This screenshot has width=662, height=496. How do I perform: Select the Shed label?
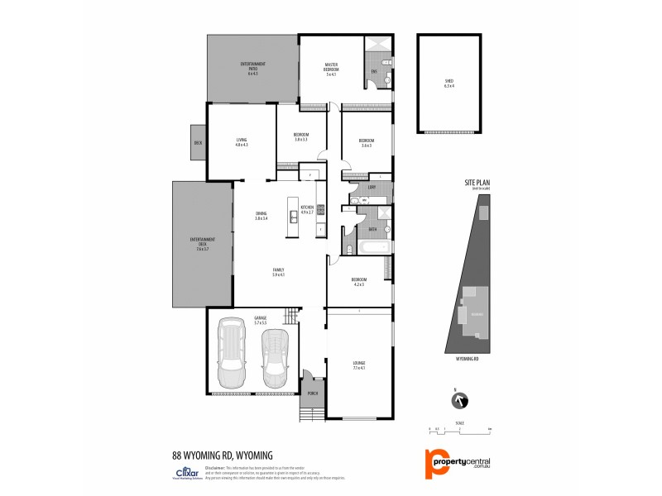click(x=449, y=81)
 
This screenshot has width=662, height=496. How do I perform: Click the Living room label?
click(x=242, y=141)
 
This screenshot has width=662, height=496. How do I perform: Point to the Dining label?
click(x=261, y=217)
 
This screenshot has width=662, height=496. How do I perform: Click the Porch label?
click(x=313, y=393)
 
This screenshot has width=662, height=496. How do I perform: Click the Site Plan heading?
click(x=477, y=185)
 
